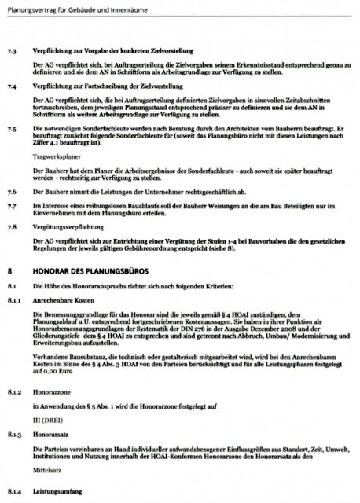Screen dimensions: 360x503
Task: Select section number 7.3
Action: coord(12,49)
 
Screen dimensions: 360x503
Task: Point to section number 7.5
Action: coord(12,127)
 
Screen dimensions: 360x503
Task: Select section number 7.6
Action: coord(12,193)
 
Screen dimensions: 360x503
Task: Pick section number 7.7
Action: coord(12,205)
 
